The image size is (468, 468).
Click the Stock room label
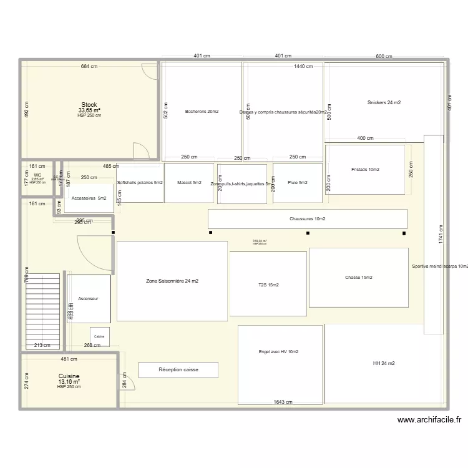(x=89, y=105)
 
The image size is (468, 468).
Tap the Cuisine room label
(x=69, y=376)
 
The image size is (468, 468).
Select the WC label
(x=37, y=175)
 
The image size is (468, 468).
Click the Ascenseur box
(x=89, y=299)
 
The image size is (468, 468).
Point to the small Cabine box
(x=100, y=336)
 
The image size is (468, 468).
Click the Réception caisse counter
(x=178, y=370)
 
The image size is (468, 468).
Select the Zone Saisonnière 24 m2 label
(x=172, y=281)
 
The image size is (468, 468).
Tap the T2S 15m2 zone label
(x=268, y=285)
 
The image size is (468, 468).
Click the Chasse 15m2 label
(x=358, y=278)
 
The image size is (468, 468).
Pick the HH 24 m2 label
(x=384, y=363)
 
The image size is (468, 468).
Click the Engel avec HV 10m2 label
(x=279, y=352)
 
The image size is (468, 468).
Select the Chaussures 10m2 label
(x=307, y=219)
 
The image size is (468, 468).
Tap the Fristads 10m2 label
(x=365, y=170)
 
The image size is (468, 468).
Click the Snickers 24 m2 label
(x=384, y=102)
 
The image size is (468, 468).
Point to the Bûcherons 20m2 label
(x=202, y=112)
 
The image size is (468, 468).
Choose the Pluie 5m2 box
(x=298, y=183)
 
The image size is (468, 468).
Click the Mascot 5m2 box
(x=189, y=183)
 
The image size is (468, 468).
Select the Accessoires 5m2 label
(x=89, y=198)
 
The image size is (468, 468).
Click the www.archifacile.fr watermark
(x=429, y=421)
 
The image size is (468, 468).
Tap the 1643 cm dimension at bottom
(x=285, y=402)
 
